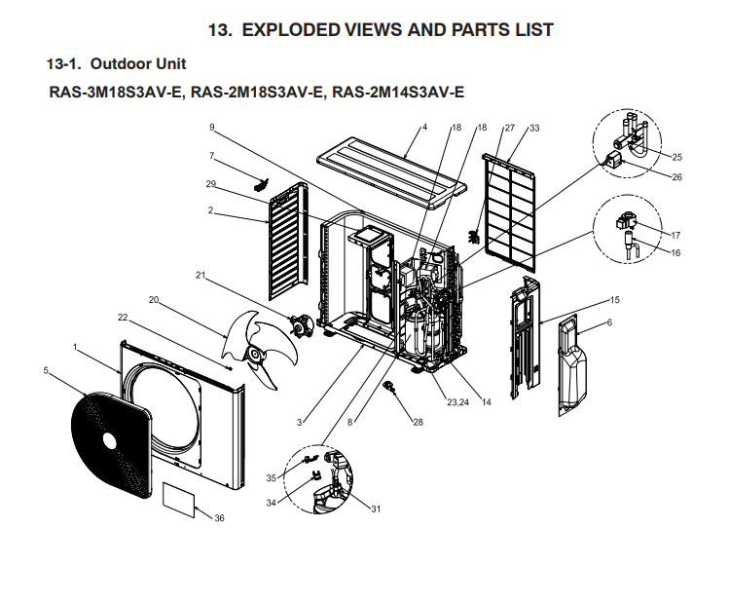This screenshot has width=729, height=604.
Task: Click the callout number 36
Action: coord(219,518)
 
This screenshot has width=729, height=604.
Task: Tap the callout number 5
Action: coord(46,369)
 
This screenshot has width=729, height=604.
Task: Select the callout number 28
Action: coord(419,423)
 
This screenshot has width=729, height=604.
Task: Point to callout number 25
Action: coord(677,157)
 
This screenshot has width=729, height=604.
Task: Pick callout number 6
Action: coord(609,322)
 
